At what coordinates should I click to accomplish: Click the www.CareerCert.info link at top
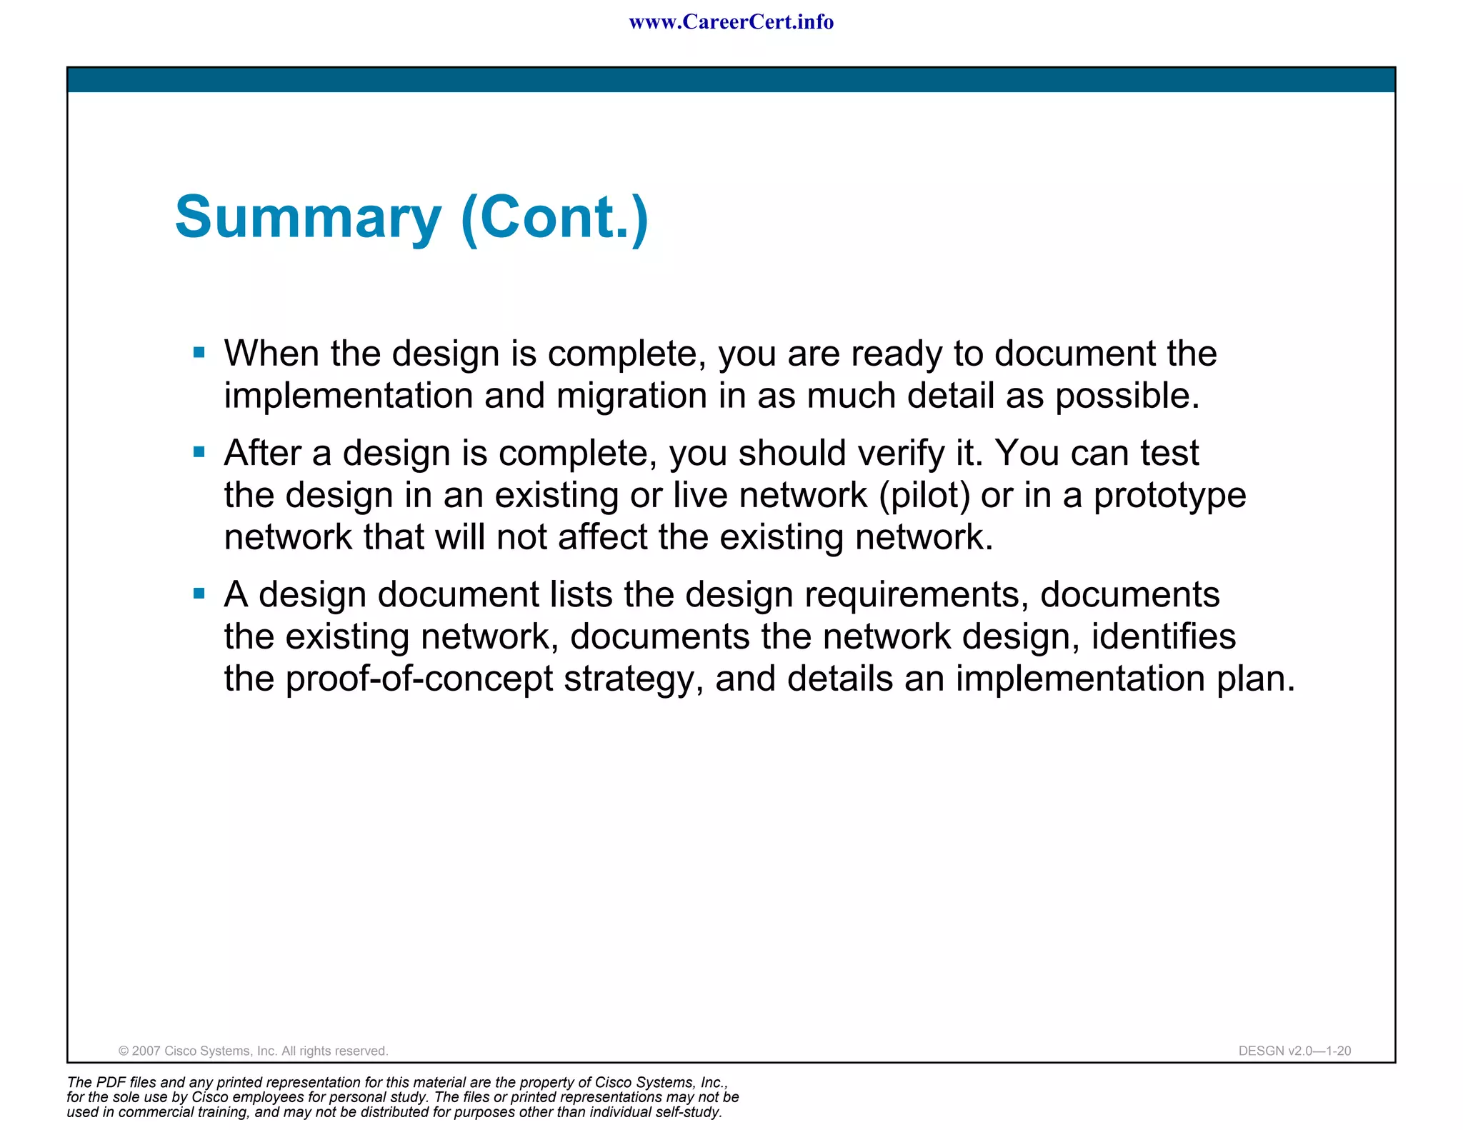731,22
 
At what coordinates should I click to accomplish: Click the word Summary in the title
308,218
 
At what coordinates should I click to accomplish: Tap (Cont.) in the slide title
555,218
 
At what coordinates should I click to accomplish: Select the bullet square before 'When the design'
199,352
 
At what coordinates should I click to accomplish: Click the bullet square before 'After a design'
199,451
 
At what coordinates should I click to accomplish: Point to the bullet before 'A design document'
199,593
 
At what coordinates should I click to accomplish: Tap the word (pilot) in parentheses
924,495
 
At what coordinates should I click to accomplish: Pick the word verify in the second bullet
900,454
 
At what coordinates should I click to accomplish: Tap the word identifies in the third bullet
1163,636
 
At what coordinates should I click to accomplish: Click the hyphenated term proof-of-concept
419,679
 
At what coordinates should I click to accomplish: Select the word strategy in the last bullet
628,679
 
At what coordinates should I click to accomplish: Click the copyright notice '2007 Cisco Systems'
253,1051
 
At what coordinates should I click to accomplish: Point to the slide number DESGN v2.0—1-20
1294,1051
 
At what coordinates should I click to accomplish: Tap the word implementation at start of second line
348,396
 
